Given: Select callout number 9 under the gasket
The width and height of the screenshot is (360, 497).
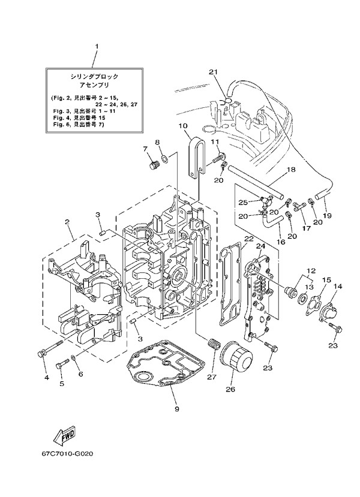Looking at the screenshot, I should (176, 409).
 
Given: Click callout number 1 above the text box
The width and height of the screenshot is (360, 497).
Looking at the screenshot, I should (96, 46).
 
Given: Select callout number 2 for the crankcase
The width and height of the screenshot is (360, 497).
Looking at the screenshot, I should (68, 222).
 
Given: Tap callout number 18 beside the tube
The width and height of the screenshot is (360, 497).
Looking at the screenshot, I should (290, 170).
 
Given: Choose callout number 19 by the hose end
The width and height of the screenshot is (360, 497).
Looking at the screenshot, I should (328, 215).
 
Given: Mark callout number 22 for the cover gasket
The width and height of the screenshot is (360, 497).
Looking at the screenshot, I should (247, 239).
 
